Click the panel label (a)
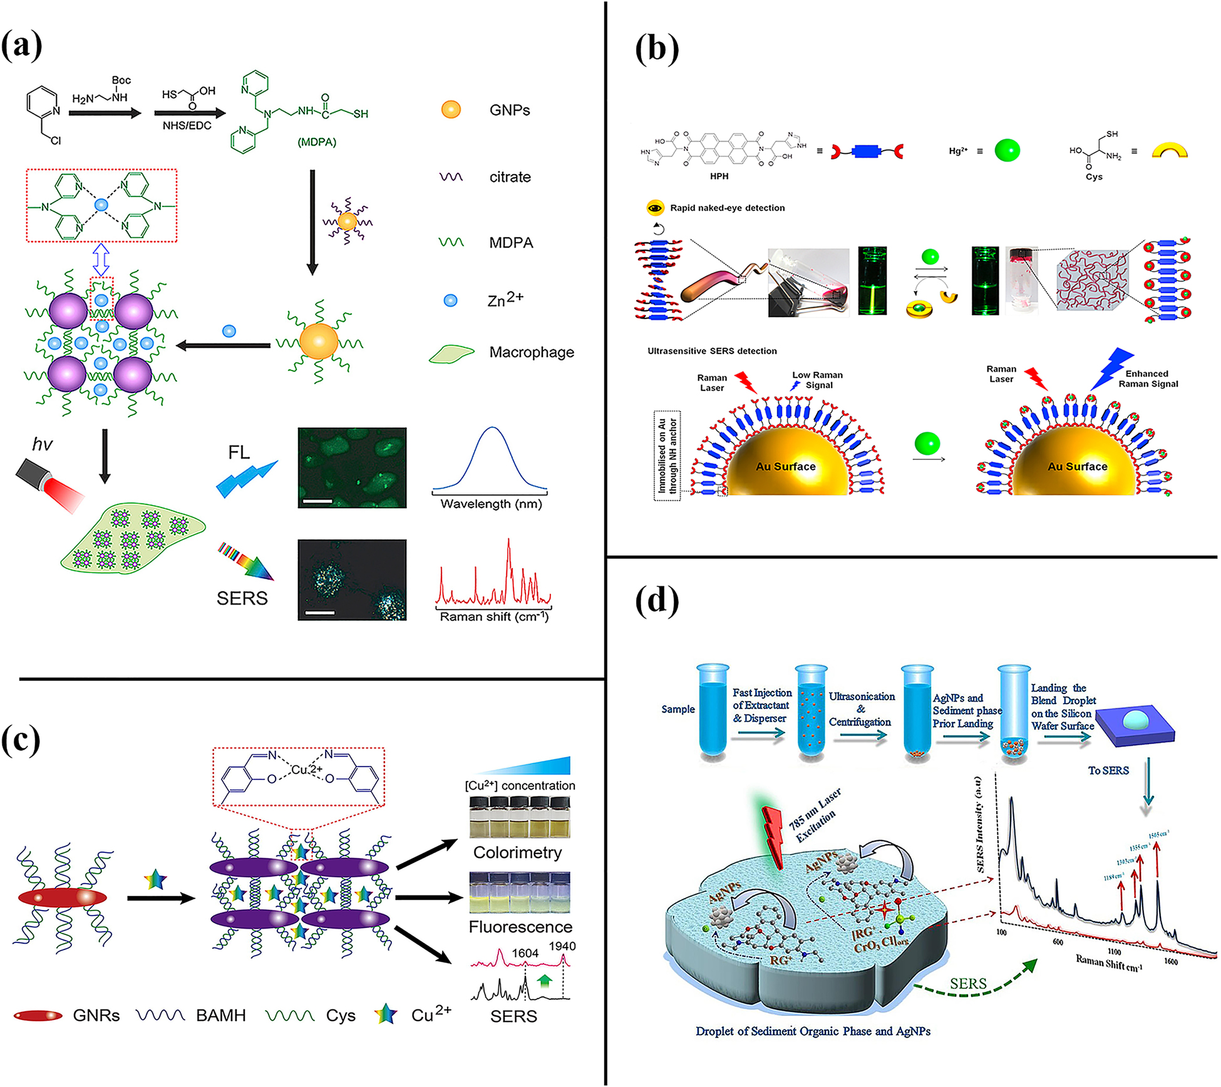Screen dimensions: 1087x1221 click(x=23, y=46)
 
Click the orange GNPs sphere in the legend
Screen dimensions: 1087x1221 click(x=451, y=110)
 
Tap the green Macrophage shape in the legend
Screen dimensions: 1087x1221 click(x=451, y=354)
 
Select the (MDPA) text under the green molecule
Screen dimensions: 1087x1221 click(x=317, y=142)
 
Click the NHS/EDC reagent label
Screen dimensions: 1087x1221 click(x=187, y=126)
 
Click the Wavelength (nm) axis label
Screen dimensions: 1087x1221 click(x=491, y=504)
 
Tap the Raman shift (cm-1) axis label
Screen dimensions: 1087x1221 click(x=493, y=617)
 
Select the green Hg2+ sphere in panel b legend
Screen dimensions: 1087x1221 click(x=1007, y=150)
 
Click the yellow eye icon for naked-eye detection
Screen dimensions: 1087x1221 click(x=656, y=208)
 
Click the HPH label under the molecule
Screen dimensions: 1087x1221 click(x=719, y=176)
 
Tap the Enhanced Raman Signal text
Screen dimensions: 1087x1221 click(x=1148, y=379)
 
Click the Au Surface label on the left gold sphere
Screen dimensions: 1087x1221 click(x=785, y=466)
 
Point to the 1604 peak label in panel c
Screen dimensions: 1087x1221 click(x=525, y=953)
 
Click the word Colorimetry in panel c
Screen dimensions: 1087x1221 click(x=517, y=852)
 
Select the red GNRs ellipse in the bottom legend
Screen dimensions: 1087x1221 click(x=38, y=1015)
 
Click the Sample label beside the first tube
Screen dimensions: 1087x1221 click(x=678, y=709)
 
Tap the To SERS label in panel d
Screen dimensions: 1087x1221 click(x=1108, y=770)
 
